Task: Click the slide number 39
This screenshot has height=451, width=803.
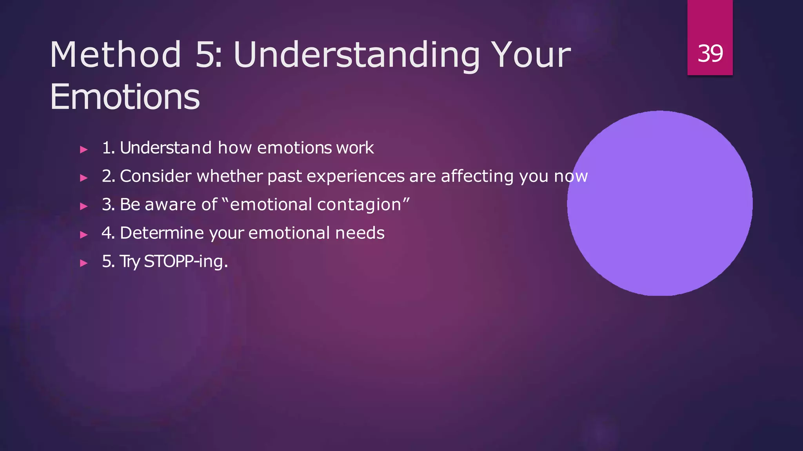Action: click(710, 53)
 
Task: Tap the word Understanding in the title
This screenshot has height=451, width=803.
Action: click(356, 55)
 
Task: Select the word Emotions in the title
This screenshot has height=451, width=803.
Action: click(125, 97)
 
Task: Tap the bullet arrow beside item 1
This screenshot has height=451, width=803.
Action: click(84, 149)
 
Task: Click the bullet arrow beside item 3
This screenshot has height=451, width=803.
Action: click(84, 206)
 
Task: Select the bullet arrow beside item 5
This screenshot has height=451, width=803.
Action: click(84, 263)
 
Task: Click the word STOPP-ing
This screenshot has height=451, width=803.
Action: click(185, 261)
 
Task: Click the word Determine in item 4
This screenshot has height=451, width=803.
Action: click(162, 233)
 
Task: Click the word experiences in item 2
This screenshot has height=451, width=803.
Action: click(355, 176)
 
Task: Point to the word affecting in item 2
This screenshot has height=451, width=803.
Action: click(477, 176)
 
